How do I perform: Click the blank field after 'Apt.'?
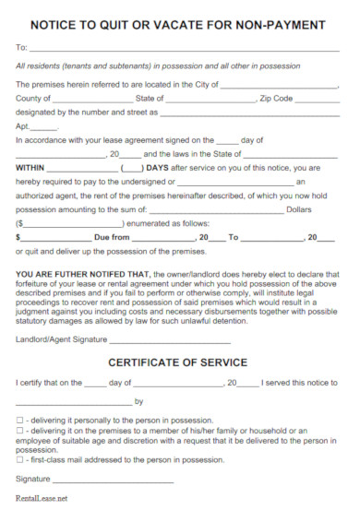coord(45,128)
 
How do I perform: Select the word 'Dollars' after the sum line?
coord(325,210)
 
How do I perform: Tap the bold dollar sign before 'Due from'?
coord(18,237)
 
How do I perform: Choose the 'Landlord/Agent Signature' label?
coord(60,338)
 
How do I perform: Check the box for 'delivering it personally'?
coord(19,419)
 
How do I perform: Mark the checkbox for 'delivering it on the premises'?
coord(19,431)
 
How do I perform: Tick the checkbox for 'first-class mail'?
coord(19,458)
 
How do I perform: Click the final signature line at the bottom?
coord(113,480)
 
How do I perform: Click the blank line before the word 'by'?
coord(74,401)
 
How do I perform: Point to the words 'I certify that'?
coord(40,383)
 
